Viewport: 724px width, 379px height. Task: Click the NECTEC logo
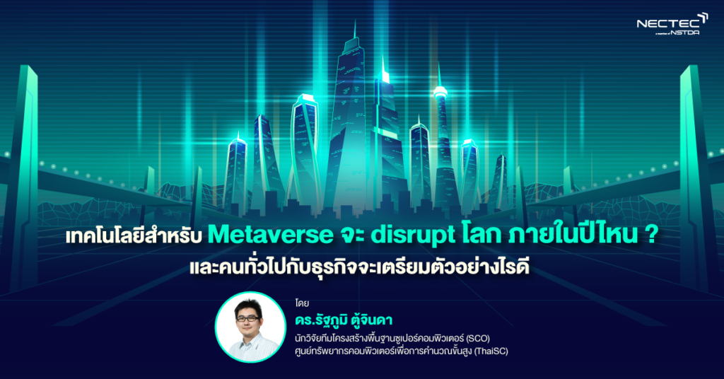pos(672,24)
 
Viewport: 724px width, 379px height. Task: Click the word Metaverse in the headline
pos(270,235)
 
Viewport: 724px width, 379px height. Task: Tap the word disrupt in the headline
pos(413,235)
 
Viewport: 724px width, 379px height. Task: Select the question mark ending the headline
pos(650,235)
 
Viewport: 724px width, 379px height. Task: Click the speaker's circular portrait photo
pos(250,327)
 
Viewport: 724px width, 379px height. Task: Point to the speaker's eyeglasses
pos(247,318)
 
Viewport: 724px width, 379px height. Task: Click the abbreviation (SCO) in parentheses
pos(478,339)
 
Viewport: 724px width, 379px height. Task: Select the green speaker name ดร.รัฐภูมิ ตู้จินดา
pos(344,320)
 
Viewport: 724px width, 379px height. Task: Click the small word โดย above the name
pos(302,303)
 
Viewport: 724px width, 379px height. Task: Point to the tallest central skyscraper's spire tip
pos(355,21)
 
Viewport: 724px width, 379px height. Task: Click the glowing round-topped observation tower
pos(440,93)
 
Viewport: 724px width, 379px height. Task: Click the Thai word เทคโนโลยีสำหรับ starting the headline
pos(134,235)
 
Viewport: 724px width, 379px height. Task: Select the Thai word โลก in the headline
pos(481,235)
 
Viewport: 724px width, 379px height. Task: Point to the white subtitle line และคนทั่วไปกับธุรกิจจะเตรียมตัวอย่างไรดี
pos(358,267)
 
